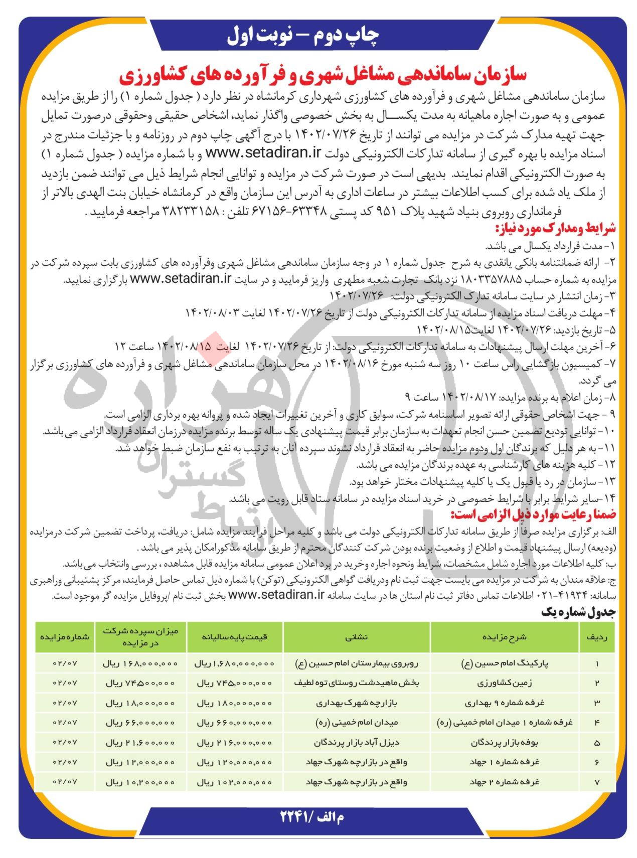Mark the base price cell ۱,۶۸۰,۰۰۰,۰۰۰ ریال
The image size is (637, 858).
pos(234,663)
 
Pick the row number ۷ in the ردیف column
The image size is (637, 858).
pos(597,781)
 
